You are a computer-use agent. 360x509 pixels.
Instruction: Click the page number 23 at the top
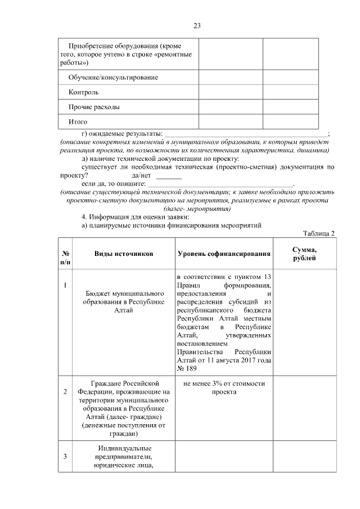click(x=197, y=26)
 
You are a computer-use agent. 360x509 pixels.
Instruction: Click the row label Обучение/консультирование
click(x=113, y=77)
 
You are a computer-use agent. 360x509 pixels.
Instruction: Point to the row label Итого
click(x=78, y=121)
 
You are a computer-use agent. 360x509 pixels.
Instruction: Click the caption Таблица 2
click(x=318, y=233)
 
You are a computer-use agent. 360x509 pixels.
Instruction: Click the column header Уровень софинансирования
click(x=224, y=254)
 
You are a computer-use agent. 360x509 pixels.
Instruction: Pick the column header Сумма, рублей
click(x=304, y=254)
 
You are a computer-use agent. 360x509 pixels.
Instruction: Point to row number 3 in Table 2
click(x=65, y=456)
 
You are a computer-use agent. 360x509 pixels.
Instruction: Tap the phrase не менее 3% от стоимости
click(x=224, y=384)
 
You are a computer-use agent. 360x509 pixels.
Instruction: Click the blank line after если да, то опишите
click(x=219, y=184)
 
